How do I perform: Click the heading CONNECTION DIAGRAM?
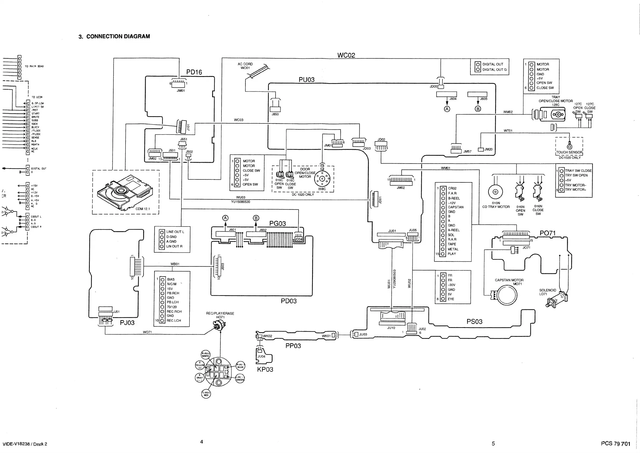(118, 37)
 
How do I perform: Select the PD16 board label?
(194, 72)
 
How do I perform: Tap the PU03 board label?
(306, 80)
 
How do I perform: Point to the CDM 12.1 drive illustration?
(125, 192)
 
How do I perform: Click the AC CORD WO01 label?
(245, 66)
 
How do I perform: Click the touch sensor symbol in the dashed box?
(570, 146)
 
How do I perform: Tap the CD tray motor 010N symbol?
(495, 192)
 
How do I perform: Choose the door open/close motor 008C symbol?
(322, 179)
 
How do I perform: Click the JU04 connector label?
(261, 356)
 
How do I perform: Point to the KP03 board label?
(265, 370)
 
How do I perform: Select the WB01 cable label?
(175, 264)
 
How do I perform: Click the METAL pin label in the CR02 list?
(453, 249)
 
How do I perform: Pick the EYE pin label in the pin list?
(451, 299)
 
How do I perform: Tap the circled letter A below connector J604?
(447, 109)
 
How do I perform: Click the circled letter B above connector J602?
(256, 218)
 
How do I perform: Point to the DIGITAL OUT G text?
(495, 70)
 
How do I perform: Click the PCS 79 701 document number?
(616, 444)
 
